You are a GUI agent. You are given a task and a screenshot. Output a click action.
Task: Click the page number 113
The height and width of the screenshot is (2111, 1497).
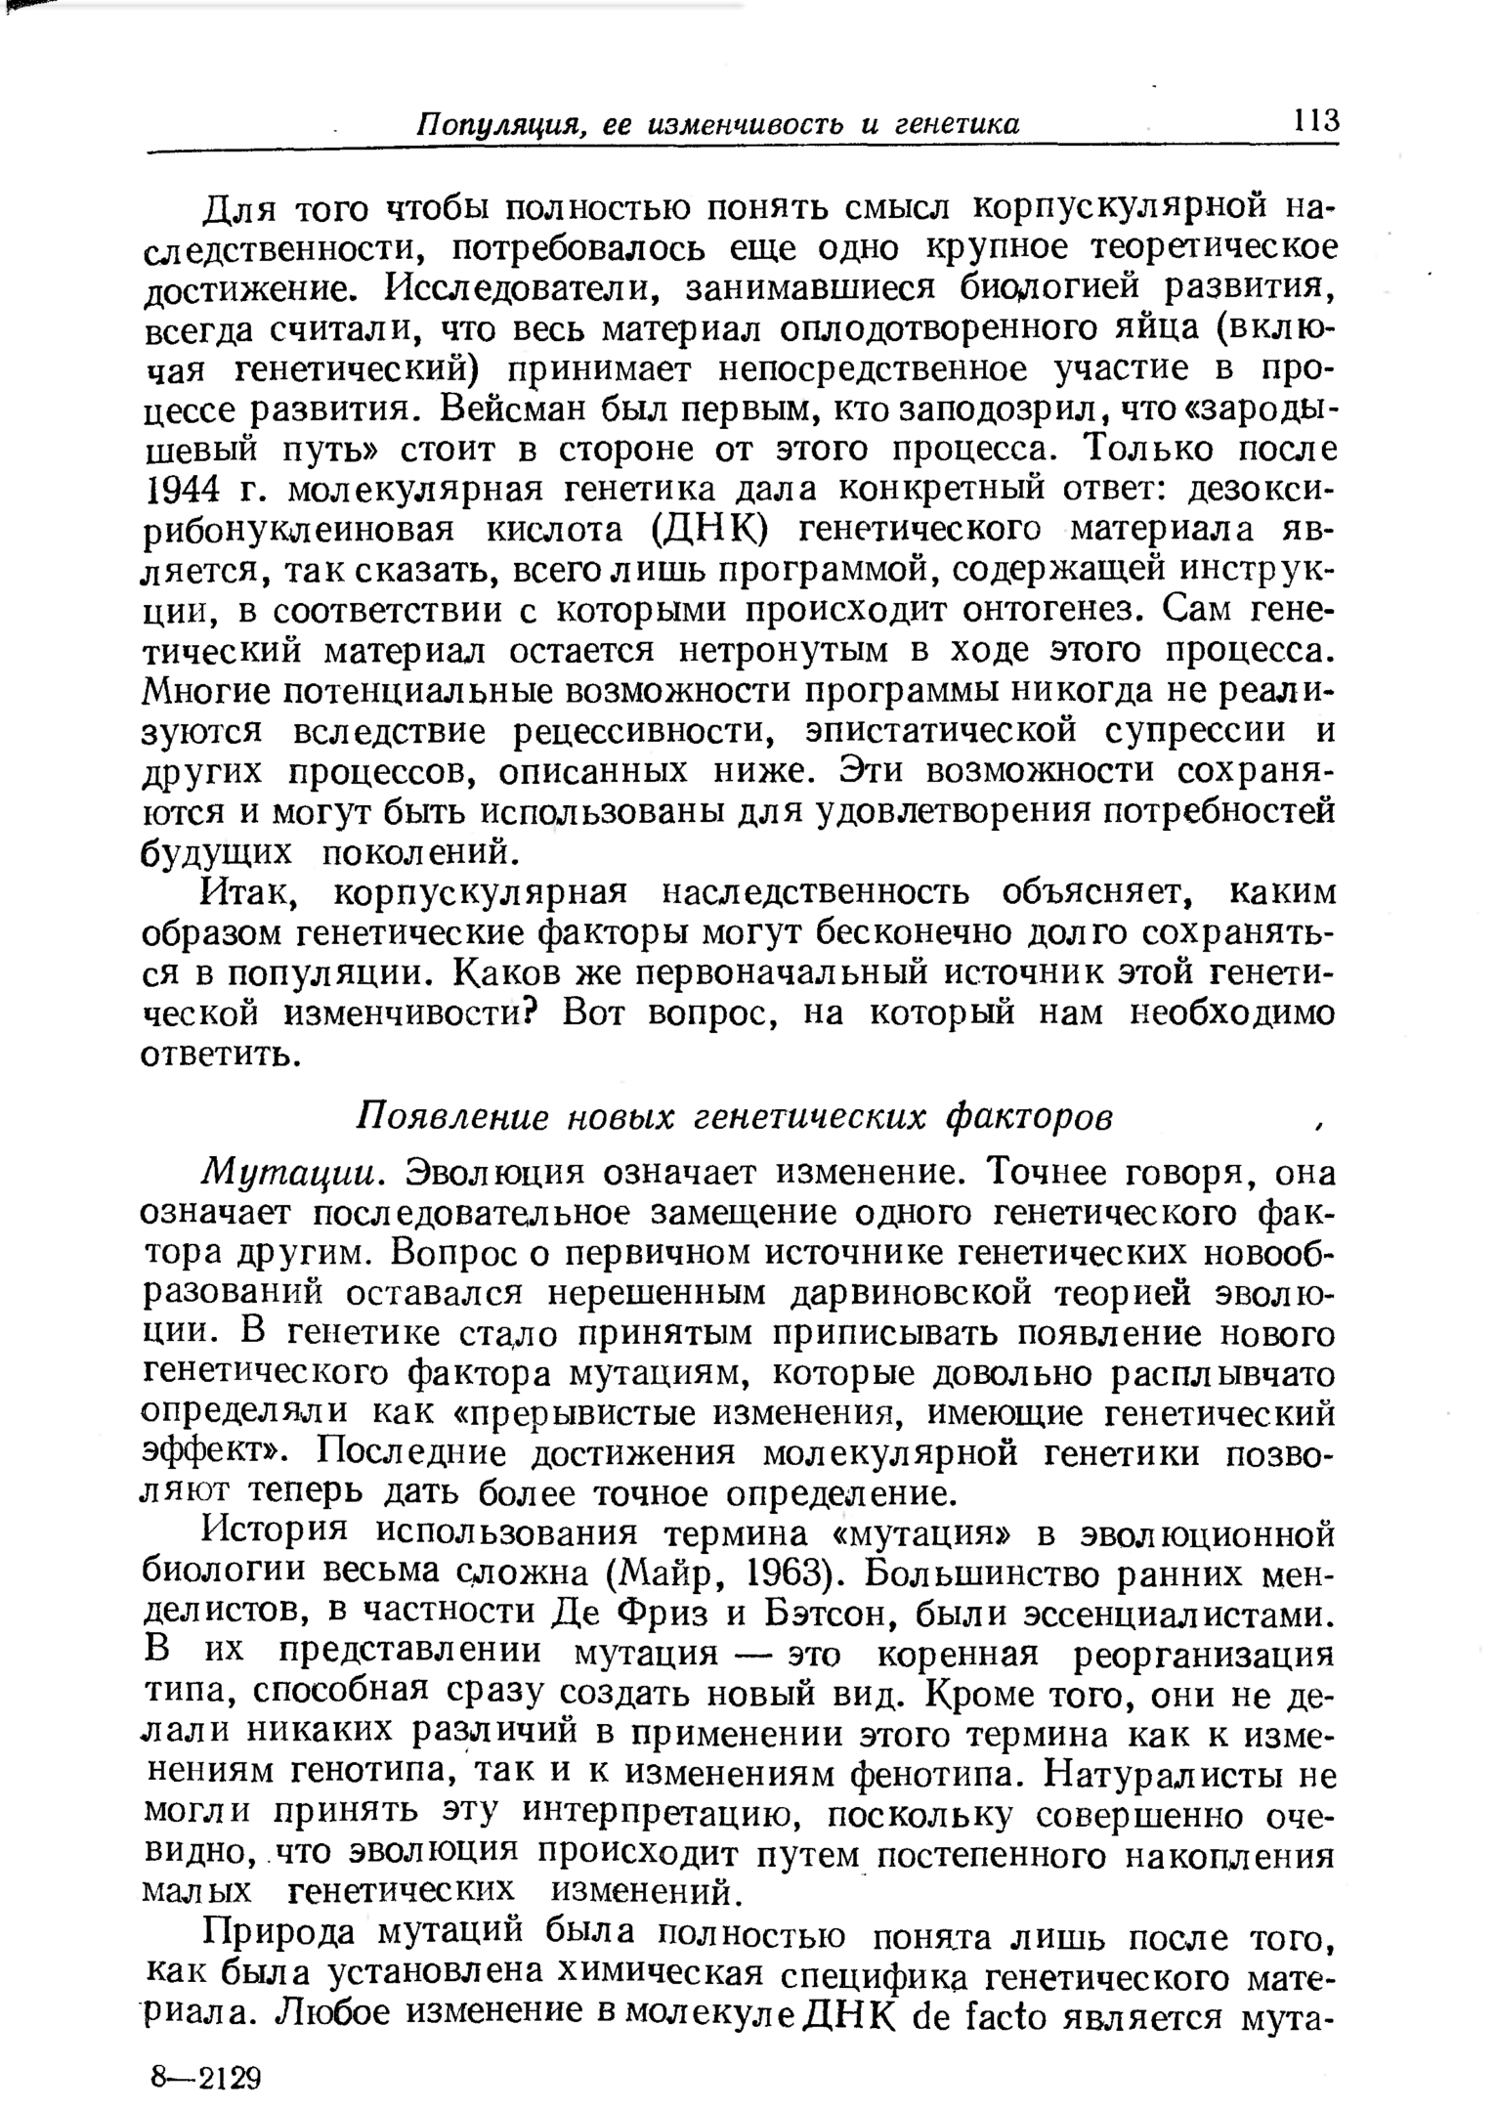[1315, 121]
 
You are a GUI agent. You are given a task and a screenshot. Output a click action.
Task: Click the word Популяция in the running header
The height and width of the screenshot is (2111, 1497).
[499, 125]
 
